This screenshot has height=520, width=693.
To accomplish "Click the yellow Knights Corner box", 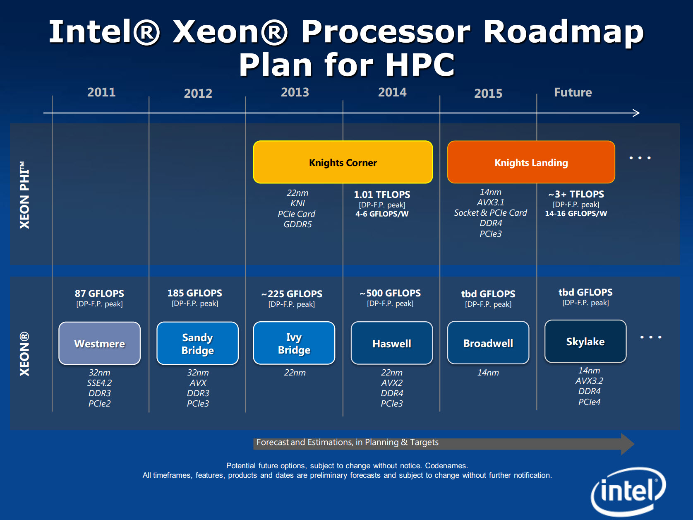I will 343,162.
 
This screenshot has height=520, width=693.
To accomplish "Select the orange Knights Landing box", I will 531,162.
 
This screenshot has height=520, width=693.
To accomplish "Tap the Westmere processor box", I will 99,343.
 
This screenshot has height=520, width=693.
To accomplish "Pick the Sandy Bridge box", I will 197,343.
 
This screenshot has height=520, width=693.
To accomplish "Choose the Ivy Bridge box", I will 294,343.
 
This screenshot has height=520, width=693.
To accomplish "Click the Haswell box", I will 391,343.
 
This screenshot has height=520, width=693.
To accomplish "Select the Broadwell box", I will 488,343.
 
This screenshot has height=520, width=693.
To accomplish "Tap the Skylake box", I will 585,342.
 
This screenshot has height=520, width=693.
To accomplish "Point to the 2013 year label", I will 295,92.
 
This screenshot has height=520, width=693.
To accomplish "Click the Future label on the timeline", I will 573,92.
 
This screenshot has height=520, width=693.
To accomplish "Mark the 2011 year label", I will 101,92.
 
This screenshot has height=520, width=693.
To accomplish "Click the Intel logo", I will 628,491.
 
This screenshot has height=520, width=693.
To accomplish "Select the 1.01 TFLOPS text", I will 382,195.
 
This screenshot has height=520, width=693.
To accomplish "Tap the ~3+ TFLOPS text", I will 576,194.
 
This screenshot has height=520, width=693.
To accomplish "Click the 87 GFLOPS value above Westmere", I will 99,294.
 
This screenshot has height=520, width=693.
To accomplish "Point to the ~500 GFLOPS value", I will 390,293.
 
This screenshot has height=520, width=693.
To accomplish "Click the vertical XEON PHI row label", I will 25,195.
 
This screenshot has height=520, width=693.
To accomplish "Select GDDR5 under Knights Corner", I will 297,224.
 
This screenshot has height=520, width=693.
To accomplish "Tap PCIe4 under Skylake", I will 589,402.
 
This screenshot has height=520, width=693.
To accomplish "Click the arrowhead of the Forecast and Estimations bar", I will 627,444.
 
